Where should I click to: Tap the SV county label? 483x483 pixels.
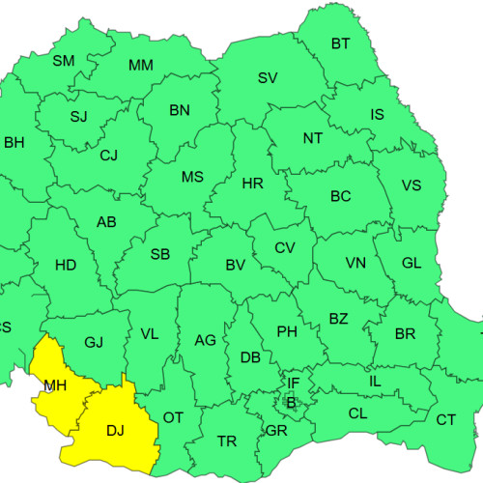click(268, 78)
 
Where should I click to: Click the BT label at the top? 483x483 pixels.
click(341, 43)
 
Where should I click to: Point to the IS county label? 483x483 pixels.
click(377, 115)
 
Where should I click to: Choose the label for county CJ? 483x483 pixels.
click(109, 155)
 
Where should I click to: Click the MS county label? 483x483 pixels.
click(192, 177)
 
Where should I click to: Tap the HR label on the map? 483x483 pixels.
click(252, 183)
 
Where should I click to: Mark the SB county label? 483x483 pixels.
click(160, 255)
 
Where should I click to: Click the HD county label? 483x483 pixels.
click(66, 265)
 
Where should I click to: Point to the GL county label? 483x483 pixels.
click(412, 263)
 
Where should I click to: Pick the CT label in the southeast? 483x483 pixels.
click(445, 419)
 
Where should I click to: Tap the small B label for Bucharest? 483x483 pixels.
click(291, 402)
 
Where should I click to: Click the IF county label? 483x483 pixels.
click(294, 384)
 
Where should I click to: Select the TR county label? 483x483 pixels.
click(227, 441)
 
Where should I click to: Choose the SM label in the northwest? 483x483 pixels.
click(63, 61)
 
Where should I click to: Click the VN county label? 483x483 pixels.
click(355, 263)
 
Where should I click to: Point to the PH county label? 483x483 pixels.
click(287, 332)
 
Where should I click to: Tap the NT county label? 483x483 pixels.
click(313, 138)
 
